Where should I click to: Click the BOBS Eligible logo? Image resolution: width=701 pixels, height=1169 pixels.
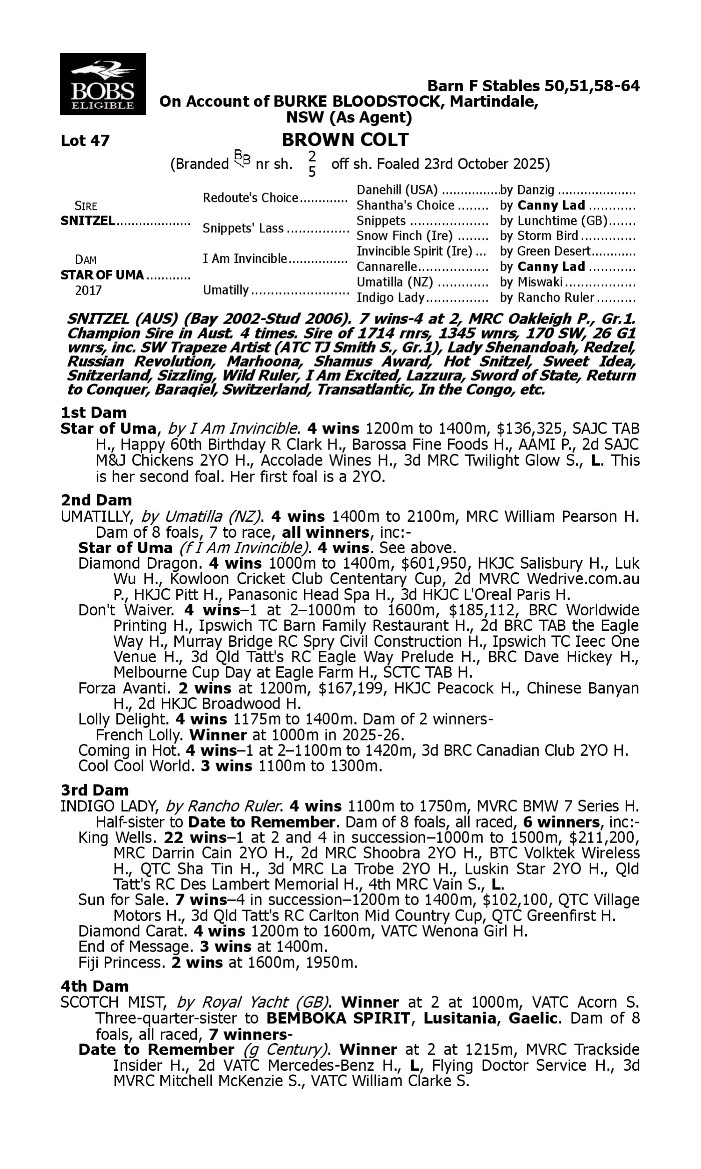(102, 84)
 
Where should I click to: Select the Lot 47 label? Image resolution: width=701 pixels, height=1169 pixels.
(85, 141)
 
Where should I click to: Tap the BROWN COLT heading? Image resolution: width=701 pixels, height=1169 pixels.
(345, 140)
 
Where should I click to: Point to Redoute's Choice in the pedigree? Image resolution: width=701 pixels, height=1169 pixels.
(250, 198)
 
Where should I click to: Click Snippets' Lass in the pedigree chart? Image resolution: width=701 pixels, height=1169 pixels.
(243, 228)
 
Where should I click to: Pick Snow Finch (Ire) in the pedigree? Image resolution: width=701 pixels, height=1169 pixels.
(404, 236)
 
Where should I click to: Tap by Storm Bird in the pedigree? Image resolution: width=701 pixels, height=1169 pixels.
(539, 236)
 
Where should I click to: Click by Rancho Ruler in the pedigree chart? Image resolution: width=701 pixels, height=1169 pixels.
(547, 298)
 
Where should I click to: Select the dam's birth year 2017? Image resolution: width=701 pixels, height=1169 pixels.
(88, 290)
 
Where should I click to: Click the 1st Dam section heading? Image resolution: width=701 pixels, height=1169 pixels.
(93, 412)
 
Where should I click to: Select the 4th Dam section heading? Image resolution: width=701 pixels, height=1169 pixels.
(94, 986)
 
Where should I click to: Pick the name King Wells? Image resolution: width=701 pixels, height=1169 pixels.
(117, 838)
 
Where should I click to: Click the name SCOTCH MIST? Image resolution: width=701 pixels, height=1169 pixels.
(114, 1002)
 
